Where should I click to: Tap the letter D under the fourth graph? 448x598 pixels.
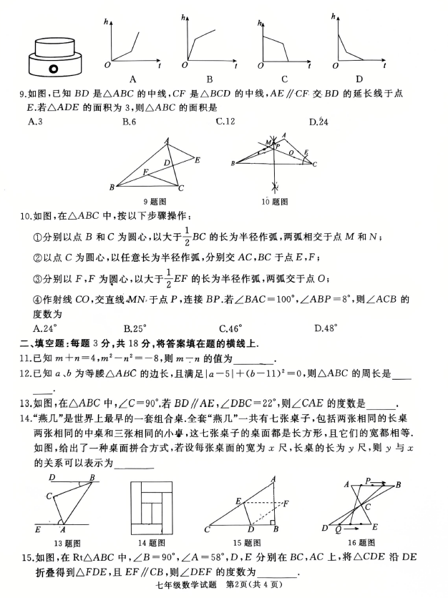(x=359, y=79)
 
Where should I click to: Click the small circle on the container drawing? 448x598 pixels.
(x=52, y=69)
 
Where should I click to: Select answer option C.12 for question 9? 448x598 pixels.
(x=225, y=122)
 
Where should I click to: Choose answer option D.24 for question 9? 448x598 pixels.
(x=318, y=122)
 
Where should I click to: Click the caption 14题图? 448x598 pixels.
(x=152, y=544)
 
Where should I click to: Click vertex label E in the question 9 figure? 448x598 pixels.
(x=197, y=159)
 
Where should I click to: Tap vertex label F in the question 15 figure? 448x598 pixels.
(x=286, y=504)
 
